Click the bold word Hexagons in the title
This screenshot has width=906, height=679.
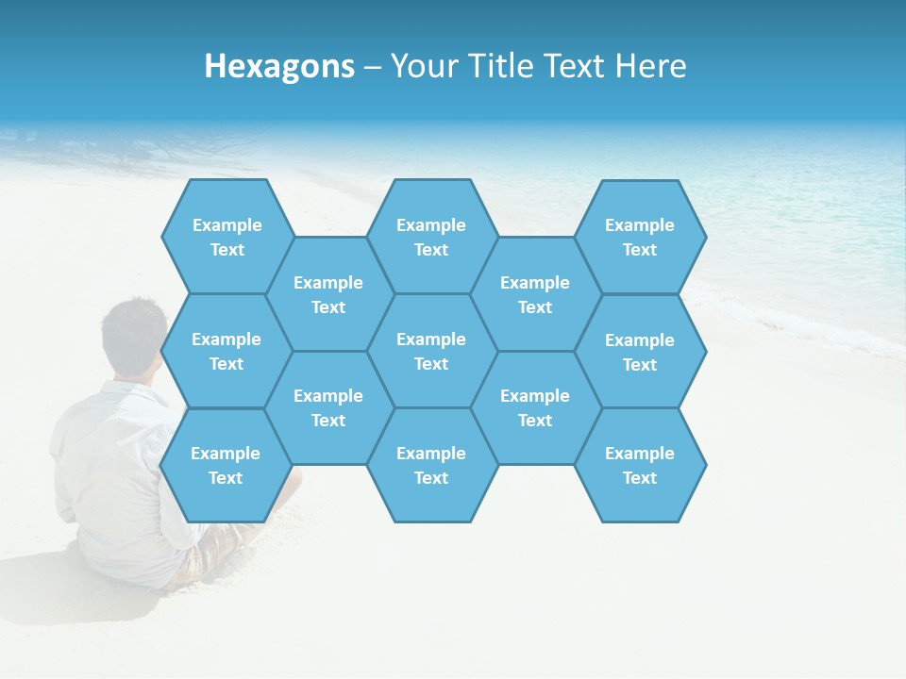279,66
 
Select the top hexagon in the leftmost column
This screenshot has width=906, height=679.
226,237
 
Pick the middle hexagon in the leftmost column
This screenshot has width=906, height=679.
226,351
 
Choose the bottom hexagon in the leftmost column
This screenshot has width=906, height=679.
226,465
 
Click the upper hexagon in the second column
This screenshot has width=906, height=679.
328,294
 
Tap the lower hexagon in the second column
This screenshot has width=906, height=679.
328,407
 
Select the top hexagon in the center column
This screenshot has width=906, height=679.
431,237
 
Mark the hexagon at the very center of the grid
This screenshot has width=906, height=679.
431,351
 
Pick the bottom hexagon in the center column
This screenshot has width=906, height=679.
431,465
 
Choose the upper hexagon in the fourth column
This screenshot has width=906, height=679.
535,294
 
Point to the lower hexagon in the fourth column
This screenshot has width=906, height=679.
535,407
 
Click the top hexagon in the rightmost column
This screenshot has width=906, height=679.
640,237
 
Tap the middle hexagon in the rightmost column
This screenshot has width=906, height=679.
640,352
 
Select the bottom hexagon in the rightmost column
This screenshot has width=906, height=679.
640,465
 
